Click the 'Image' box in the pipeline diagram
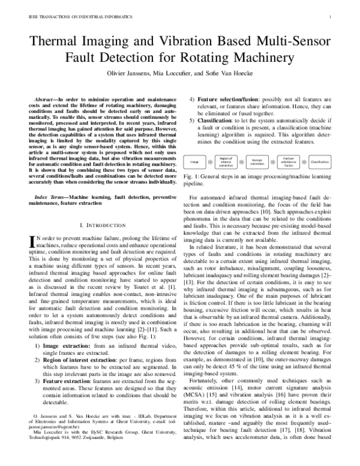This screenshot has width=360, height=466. [195, 162]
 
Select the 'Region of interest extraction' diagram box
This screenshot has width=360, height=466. [226, 162]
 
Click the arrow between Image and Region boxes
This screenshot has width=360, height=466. [209, 162]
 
